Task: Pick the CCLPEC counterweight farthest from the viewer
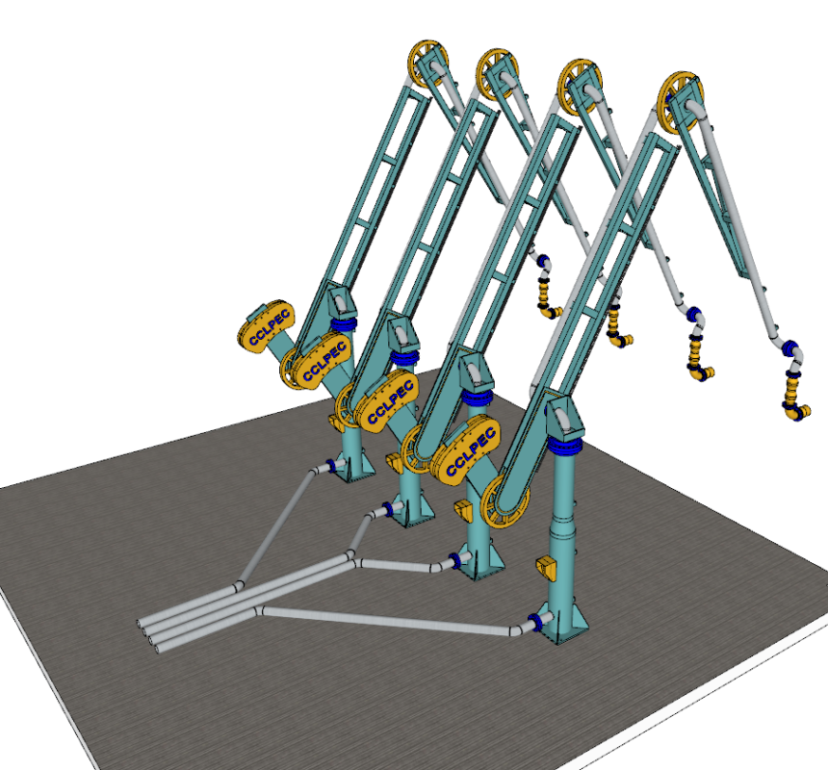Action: click(x=266, y=327)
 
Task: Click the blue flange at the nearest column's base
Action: click(x=537, y=623)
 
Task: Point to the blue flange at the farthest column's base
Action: click(x=332, y=465)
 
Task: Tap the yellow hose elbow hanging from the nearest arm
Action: click(x=795, y=410)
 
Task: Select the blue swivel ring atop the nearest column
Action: click(x=565, y=446)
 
